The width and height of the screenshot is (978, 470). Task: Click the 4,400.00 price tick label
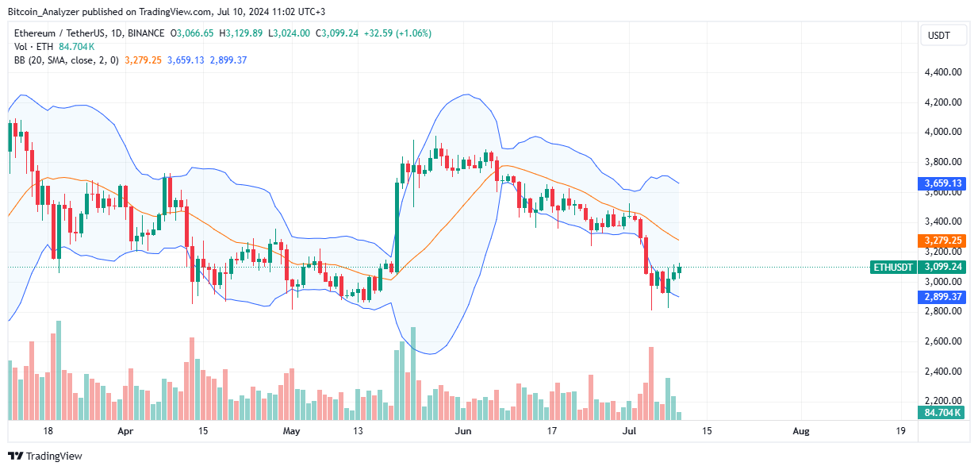pos(943,72)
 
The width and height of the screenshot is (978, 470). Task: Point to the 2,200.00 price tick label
pos(943,401)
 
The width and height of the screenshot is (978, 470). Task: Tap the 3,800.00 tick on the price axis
pos(943,162)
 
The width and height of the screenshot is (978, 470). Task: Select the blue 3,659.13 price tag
pos(943,183)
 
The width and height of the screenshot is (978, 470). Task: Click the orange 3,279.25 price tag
pos(943,240)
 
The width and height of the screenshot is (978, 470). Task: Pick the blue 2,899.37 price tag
pos(943,296)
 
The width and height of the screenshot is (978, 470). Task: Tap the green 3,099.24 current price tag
pos(943,267)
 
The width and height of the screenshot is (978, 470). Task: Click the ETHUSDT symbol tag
pos(893,267)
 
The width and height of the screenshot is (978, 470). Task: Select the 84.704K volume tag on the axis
pos(943,412)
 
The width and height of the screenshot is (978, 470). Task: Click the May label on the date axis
pos(292,431)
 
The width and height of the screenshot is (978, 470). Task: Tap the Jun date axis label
pos(463,431)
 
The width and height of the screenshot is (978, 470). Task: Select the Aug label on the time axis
pos(801,431)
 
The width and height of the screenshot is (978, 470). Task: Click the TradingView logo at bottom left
pos(45,457)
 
